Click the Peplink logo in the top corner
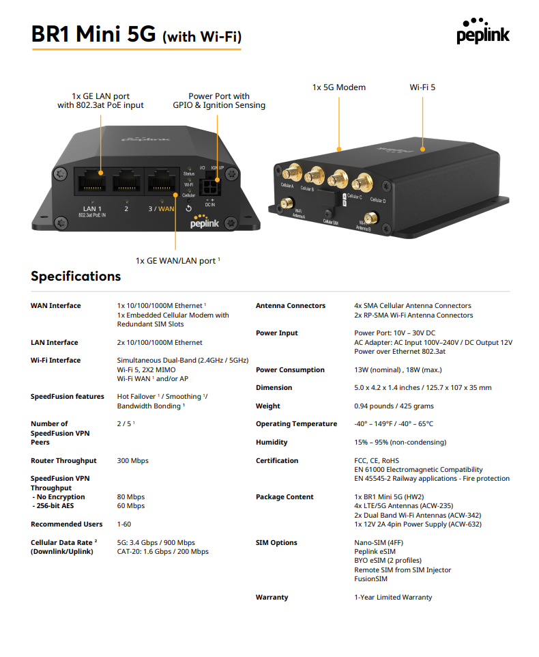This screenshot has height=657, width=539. (483, 31)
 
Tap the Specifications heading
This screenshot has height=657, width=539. (76, 276)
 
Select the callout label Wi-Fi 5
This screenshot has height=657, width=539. (422, 87)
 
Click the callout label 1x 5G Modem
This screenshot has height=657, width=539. (338, 87)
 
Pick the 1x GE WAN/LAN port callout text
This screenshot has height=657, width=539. (177, 260)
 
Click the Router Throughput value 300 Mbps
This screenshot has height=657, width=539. (133, 461)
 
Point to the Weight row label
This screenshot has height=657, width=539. (268, 406)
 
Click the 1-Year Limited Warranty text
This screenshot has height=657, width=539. (393, 598)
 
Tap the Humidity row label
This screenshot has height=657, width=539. (272, 443)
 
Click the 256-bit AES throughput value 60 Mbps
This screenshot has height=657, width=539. (131, 506)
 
